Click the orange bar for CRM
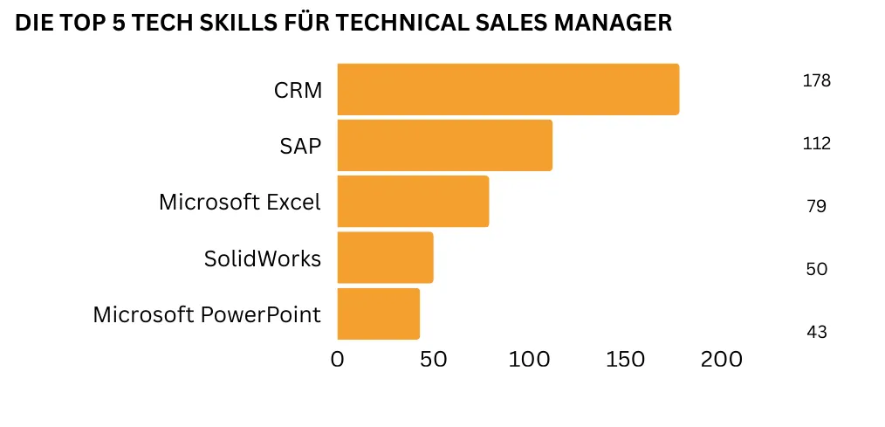pyautogui.click(x=507, y=89)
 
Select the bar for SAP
pyautogui.click(x=444, y=145)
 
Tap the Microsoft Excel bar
pyautogui.click(x=412, y=201)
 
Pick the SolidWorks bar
pyautogui.click(x=385, y=257)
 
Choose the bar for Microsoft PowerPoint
pyautogui.click(x=378, y=313)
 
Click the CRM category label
pyautogui.click(x=298, y=90)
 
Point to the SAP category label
pyautogui.click(x=300, y=146)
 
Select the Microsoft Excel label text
pyautogui.click(x=240, y=202)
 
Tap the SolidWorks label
pyautogui.click(x=263, y=258)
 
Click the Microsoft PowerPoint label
pyautogui.click(x=207, y=314)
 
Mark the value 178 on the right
pyautogui.click(x=816, y=81)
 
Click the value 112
pyautogui.click(x=816, y=144)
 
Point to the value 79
pyautogui.click(x=816, y=207)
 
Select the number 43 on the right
pyautogui.click(x=816, y=332)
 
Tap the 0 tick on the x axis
pyautogui.click(x=338, y=359)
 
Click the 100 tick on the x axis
pyautogui.click(x=529, y=359)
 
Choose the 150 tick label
pyautogui.click(x=625, y=359)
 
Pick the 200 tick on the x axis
pyautogui.click(x=722, y=359)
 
